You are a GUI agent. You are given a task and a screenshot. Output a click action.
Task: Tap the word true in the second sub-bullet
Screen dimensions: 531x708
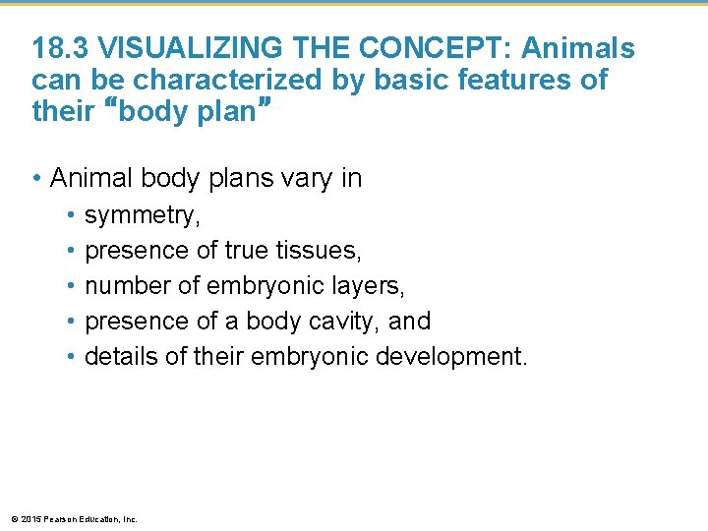click(x=246, y=251)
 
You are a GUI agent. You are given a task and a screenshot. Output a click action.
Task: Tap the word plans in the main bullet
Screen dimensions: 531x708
click(x=231, y=179)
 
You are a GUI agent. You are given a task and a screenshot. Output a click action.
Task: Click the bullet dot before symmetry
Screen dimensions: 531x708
click(x=72, y=215)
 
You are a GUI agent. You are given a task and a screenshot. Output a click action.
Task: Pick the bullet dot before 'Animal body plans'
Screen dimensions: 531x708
click(x=35, y=179)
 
